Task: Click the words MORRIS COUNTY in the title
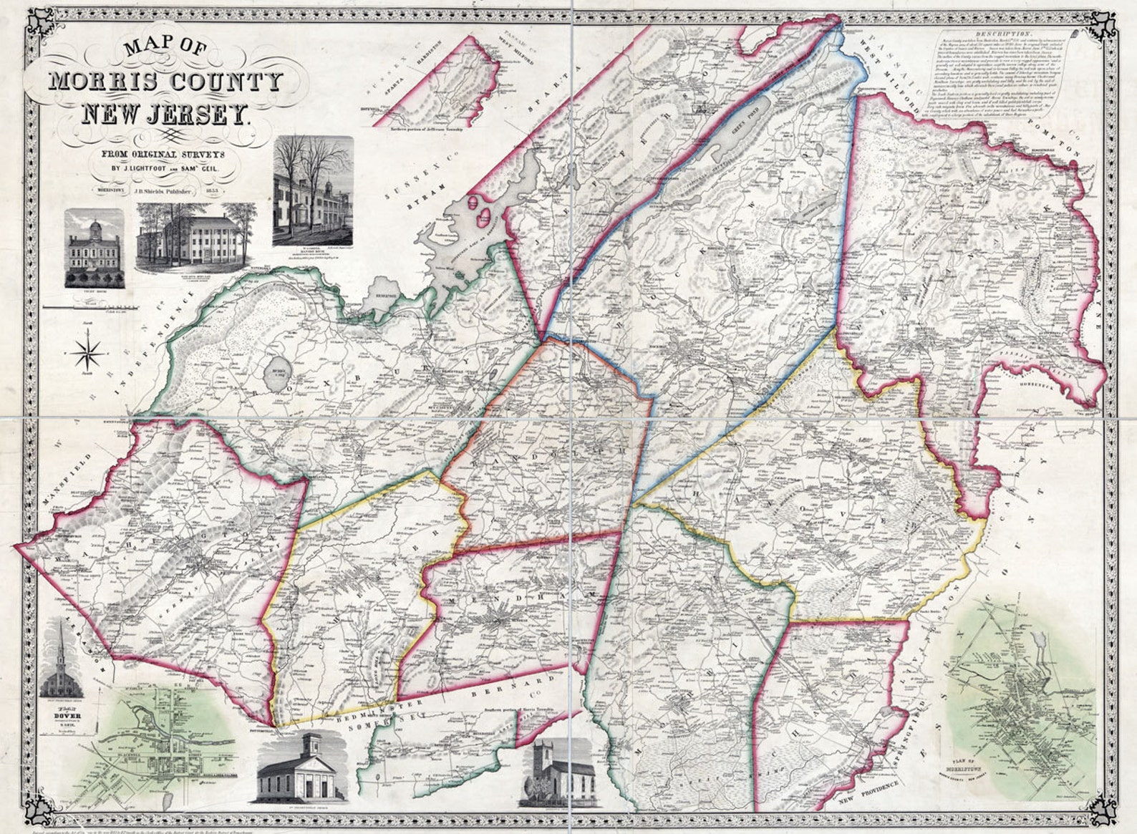(165, 81)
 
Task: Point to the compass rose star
(89, 351)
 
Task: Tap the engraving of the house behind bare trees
(313, 192)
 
